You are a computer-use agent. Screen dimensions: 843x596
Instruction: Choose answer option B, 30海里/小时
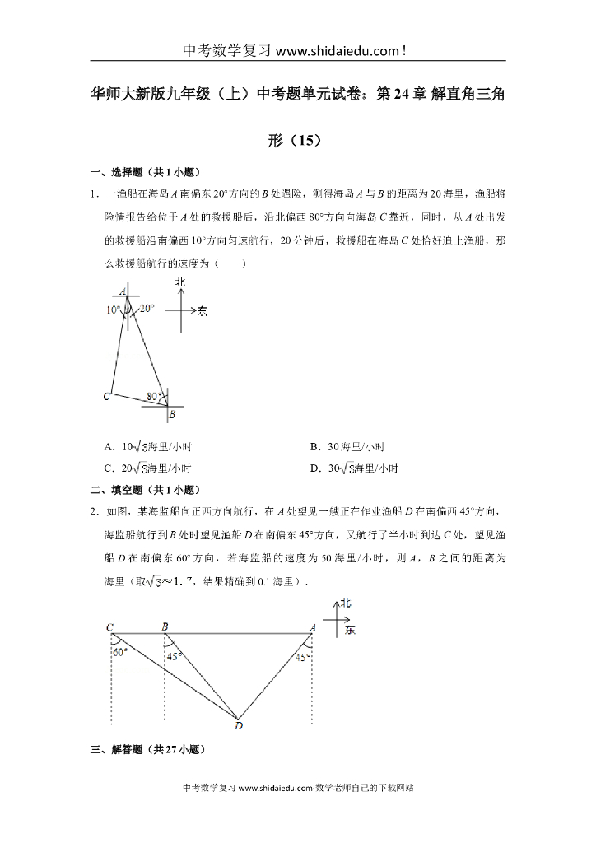[347, 447]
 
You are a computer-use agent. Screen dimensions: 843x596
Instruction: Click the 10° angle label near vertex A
[113, 310]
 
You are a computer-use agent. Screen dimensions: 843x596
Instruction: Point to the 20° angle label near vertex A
[147, 309]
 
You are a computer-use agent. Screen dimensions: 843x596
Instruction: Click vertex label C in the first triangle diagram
[106, 397]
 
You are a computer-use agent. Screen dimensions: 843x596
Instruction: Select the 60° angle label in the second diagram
[120, 652]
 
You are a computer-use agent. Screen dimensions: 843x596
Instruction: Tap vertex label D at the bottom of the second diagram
[238, 726]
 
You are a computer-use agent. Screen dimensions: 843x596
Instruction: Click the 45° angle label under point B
[174, 656]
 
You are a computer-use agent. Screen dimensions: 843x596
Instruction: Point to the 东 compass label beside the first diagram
[203, 311]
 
